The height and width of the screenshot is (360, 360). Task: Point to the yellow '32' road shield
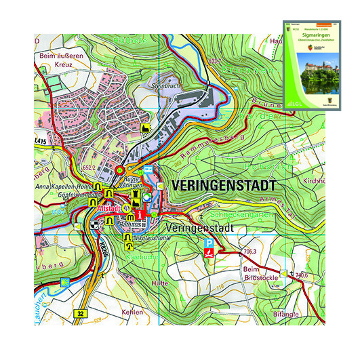point(81,315)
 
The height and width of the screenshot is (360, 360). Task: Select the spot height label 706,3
point(249,252)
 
